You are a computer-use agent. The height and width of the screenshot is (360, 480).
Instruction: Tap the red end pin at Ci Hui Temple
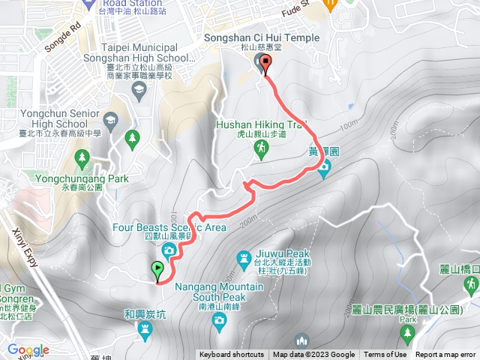pyautogui.click(x=263, y=64)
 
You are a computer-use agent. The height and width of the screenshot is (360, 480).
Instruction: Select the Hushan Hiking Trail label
pyautogui.click(x=262, y=125)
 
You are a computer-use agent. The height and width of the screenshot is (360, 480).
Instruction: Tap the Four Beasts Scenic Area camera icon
pyautogui.click(x=169, y=249)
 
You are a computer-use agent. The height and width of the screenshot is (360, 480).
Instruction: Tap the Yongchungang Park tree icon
pyautogui.click(x=82, y=157)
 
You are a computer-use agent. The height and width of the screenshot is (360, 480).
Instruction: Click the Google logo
pyautogui.click(x=28, y=349)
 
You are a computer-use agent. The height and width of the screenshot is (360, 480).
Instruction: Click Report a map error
pyautogui.click(x=445, y=355)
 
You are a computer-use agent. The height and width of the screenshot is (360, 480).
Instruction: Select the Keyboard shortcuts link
pyautogui.click(x=232, y=355)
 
